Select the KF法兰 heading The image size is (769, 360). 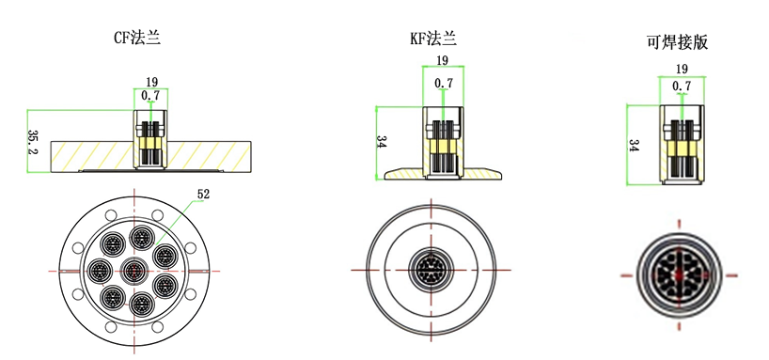tap(432, 39)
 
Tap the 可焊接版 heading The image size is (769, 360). tap(677, 41)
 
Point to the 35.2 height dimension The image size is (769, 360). tap(33, 141)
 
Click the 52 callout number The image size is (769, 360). tap(203, 195)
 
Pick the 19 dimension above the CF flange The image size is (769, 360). tap(151, 82)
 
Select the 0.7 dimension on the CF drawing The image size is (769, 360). tap(150, 95)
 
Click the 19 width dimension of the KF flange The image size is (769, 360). tap(442, 61)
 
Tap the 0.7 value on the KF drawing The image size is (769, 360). tap(444, 83)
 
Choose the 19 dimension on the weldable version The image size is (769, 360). tap(682, 69)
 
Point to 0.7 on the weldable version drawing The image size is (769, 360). tap(682, 86)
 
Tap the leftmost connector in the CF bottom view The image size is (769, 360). tap(97, 269)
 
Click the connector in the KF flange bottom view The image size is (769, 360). tap(432, 271)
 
